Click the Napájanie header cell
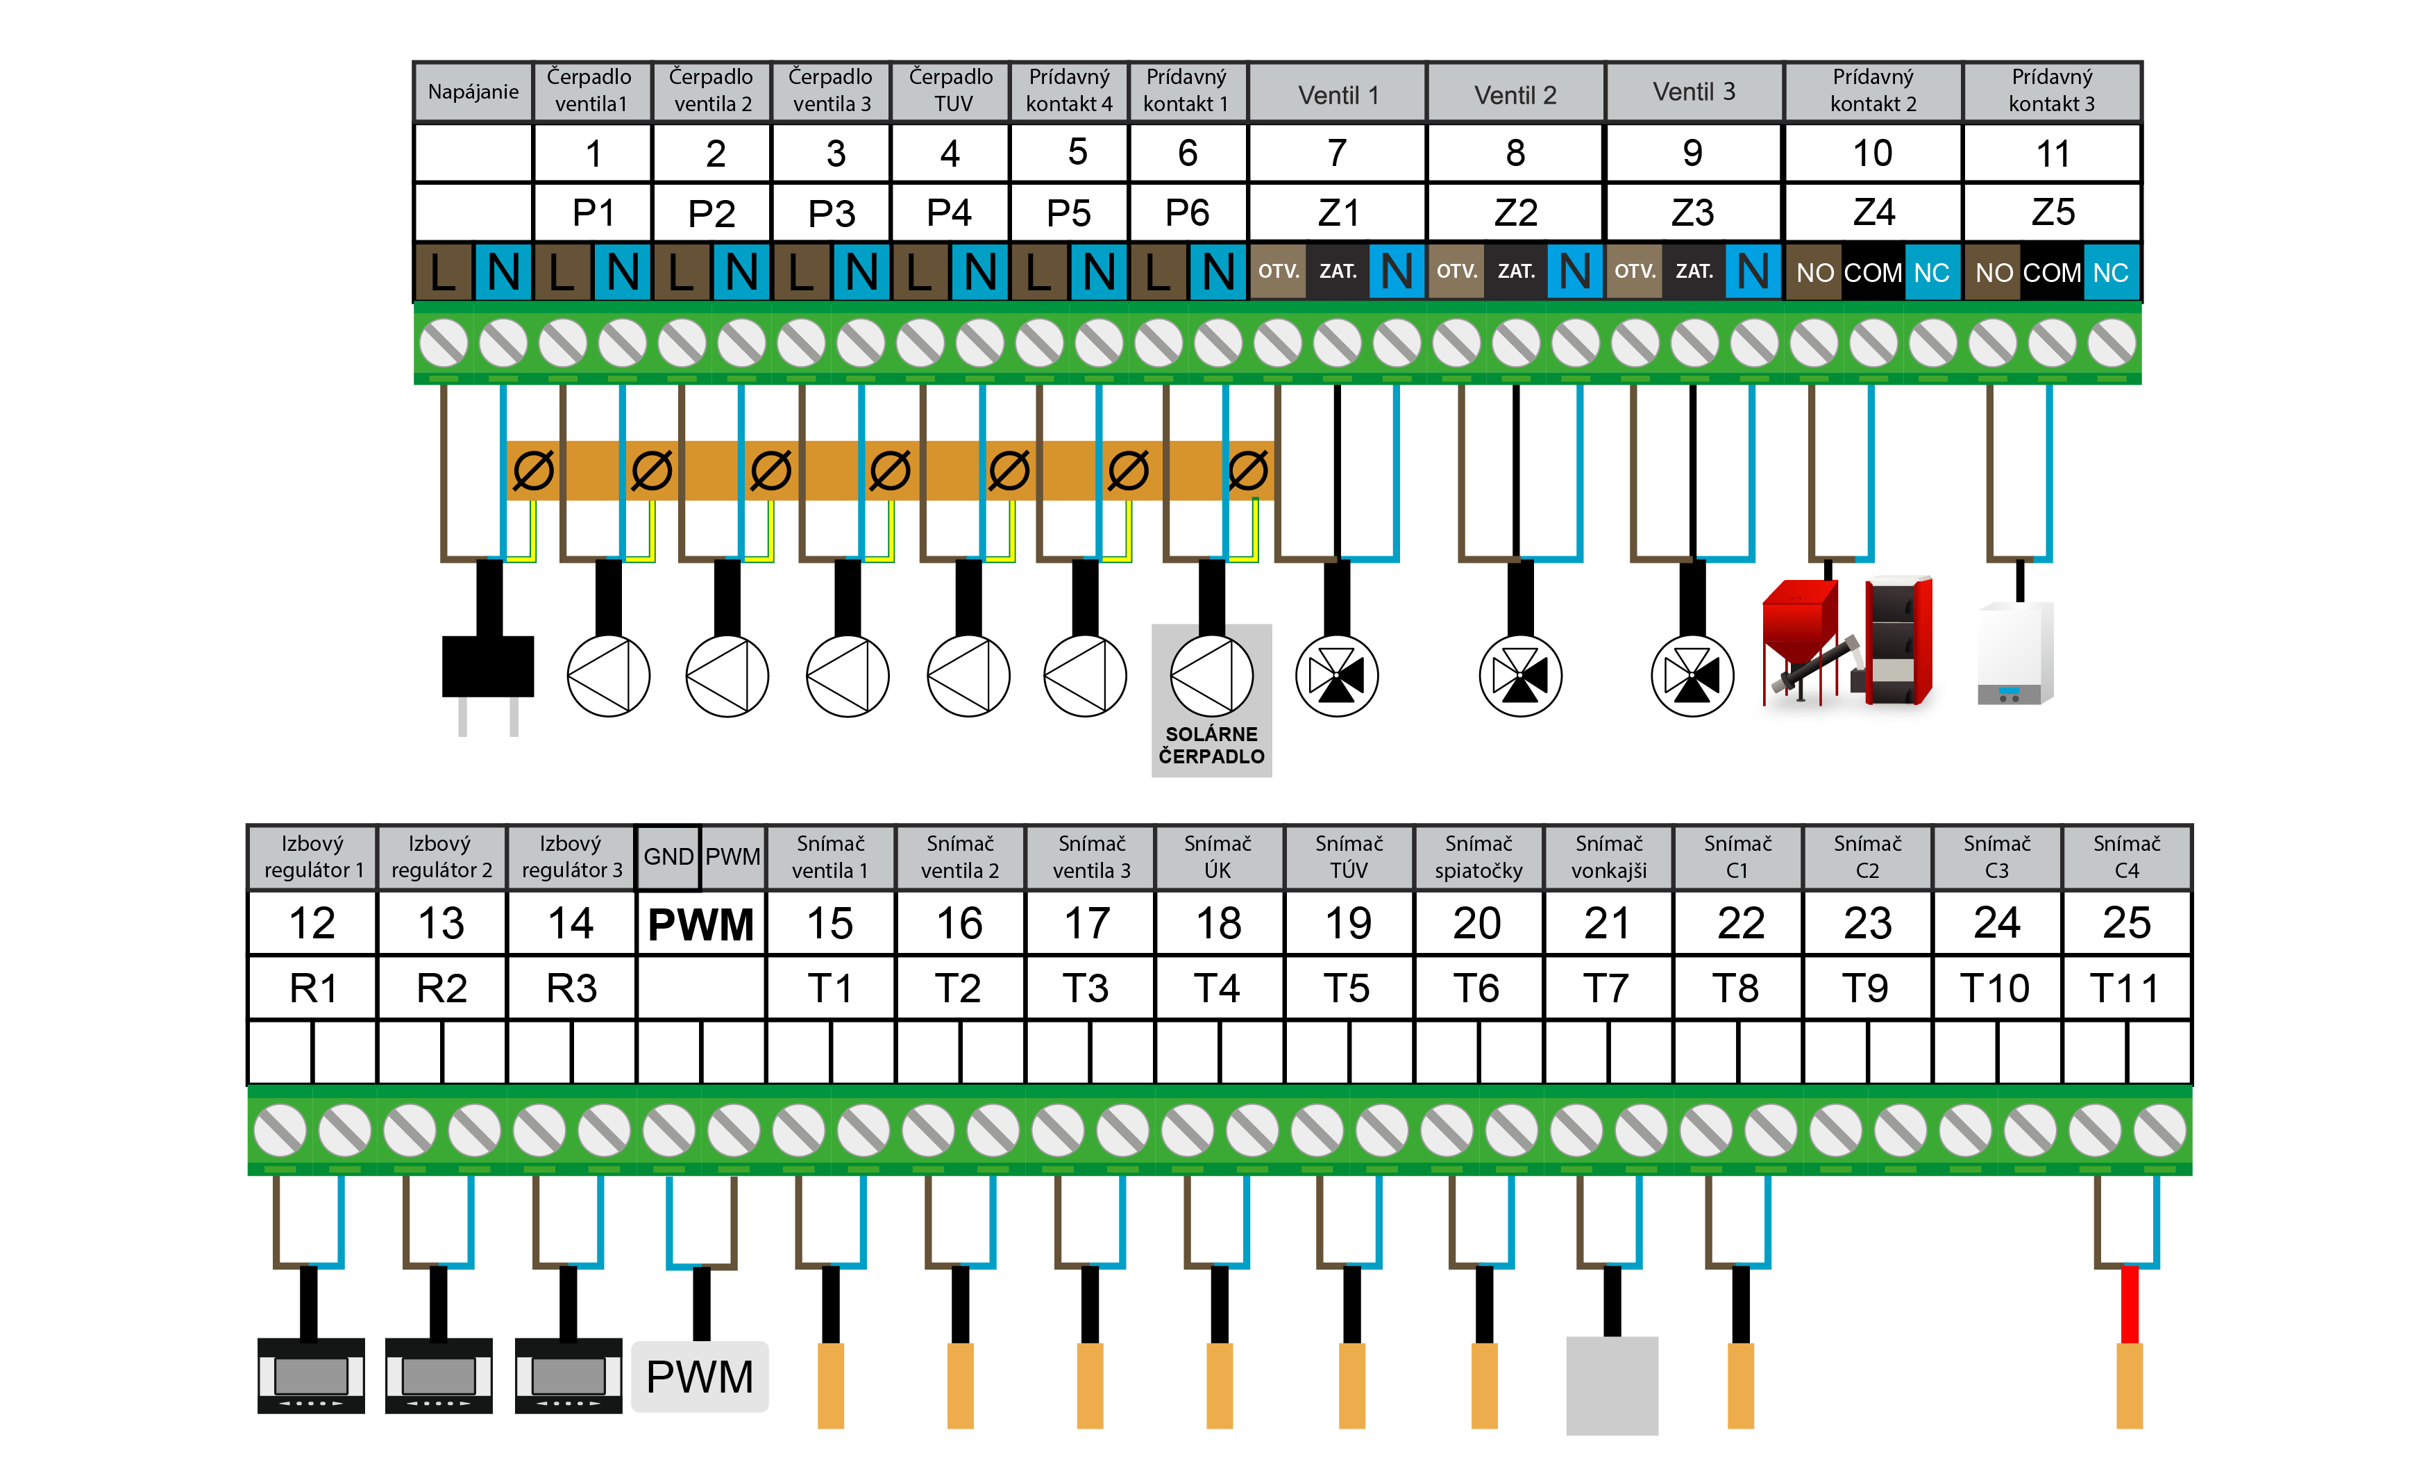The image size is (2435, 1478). [x=473, y=92]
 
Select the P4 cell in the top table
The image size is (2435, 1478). [x=950, y=213]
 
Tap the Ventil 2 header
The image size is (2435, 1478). [x=1515, y=94]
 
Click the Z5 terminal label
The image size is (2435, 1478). [x=2053, y=213]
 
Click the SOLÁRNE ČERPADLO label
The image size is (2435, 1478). [x=1211, y=745]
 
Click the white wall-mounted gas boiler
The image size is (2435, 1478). [x=2015, y=652]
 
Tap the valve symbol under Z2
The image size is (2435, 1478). [x=1520, y=676]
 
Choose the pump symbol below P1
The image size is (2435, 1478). [x=609, y=676]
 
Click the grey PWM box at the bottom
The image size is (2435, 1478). [x=700, y=1376]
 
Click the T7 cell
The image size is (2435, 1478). [x=1607, y=988]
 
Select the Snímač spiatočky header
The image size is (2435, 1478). [x=1478, y=857]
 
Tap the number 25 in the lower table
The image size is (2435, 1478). [x=2127, y=923]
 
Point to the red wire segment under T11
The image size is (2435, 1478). [x=2130, y=1305]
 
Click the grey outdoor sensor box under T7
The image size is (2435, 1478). [x=1612, y=1385]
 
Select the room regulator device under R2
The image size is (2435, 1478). [x=439, y=1375]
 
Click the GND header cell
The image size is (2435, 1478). [x=668, y=857]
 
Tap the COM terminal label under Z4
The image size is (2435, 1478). [x=1873, y=272]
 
